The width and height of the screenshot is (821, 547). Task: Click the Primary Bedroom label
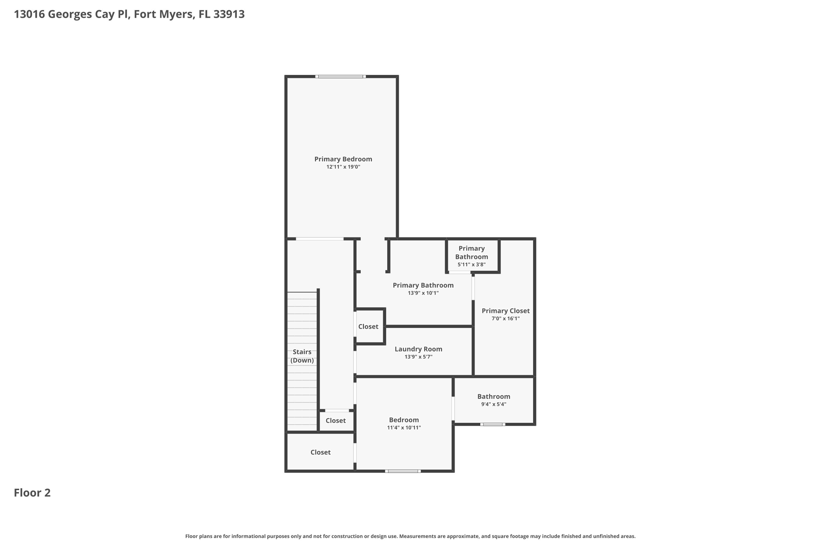[x=343, y=159]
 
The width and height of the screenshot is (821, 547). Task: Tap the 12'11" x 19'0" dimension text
[x=343, y=167]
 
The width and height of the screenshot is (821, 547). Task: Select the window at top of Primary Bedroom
[x=340, y=77]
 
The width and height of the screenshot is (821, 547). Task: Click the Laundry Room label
[x=418, y=349]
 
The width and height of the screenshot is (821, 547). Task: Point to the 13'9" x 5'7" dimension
[x=418, y=357]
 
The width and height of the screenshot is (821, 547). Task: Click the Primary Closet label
[x=506, y=311]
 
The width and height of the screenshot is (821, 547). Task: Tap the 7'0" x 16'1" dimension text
[x=506, y=319]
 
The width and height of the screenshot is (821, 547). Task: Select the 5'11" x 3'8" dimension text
[x=471, y=264]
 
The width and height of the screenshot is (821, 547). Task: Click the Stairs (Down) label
[x=302, y=356]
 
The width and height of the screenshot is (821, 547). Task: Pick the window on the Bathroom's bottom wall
[x=493, y=424]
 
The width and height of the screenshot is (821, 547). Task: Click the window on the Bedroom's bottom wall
[x=403, y=471]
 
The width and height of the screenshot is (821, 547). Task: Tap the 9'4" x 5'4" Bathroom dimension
[x=493, y=404]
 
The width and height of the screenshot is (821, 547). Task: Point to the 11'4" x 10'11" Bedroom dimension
[x=404, y=428]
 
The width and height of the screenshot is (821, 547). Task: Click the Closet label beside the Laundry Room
[x=368, y=327]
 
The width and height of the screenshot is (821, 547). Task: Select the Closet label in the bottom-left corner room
[x=320, y=452]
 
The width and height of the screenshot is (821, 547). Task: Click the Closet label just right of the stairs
[x=336, y=421]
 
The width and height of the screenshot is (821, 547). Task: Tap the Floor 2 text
[x=32, y=493]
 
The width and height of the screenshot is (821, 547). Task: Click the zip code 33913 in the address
[x=229, y=14]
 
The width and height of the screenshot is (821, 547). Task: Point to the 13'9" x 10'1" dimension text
[x=423, y=293]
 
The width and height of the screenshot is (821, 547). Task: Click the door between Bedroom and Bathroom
[x=453, y=408]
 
